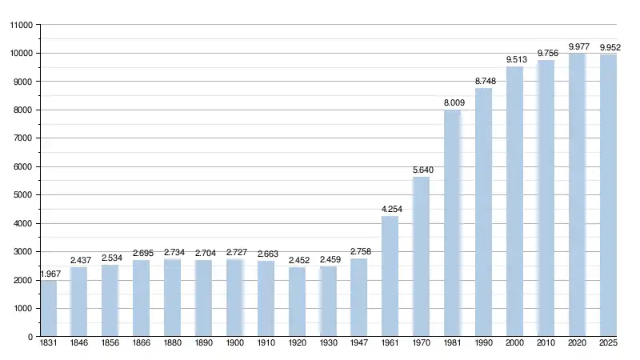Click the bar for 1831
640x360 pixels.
(x=49, y=309)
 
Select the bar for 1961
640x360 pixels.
(x=390, y=277)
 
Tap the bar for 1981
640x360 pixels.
(x=452, y=223)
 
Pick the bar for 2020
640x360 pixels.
(x=577, y=195)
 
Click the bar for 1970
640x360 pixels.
(x=421, y=257)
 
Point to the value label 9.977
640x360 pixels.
(x=577, y=46)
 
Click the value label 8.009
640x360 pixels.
(x=452, y=102)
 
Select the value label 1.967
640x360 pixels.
(x=49, y=274)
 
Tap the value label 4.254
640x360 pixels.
(x=390, y=209)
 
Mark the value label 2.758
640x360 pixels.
(x=358, y=251)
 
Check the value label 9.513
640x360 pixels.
(x=514, y=59)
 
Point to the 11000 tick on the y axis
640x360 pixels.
(x=21, y=26)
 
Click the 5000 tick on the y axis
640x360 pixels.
(x=23, y=195)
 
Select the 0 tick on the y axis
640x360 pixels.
(x=30, y=337)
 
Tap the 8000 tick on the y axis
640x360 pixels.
(x=23, y=110)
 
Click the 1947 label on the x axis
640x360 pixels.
(x=358, y=343)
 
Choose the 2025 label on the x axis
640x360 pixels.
(x=608, y=343)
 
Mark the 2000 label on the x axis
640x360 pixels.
(x=514, y=343)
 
